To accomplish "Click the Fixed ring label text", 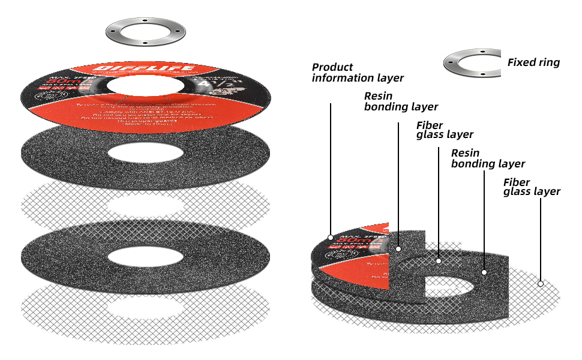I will tap(533, 62).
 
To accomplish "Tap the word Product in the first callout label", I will tap(332, 67).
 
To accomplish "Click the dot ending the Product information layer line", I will tap(331, 236).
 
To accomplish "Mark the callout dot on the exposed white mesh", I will tap(541, 283).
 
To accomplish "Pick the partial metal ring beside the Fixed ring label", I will tap(472, 63).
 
